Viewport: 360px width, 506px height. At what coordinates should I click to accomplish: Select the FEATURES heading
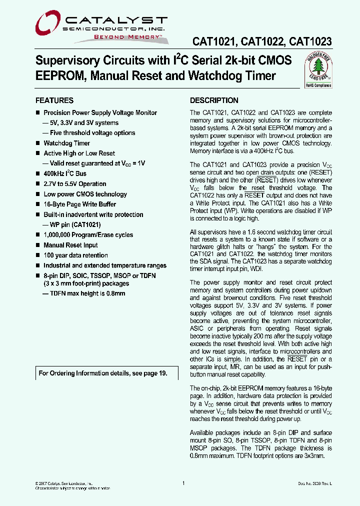pyautogui.click(x=54, y=100)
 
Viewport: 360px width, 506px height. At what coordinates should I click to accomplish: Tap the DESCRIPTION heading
pyautogui.click(x=214, y=100)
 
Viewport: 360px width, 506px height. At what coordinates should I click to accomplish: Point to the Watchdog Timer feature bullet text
pyautogui.click(x=67, y=143)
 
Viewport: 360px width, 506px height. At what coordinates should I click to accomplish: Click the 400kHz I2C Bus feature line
pyautogui.click(x=65, y=173)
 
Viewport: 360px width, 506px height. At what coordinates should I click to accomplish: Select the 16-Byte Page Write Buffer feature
pyautogui.click(x=80, y=204)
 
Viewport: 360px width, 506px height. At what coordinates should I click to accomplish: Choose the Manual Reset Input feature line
pyautogui.click(x=70, y=245)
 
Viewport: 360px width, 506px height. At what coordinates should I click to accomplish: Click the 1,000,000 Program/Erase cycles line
pyautogui.click(x=88, y=235)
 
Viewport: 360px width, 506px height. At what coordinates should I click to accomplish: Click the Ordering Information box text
pyautogui.click(x=102, y=373)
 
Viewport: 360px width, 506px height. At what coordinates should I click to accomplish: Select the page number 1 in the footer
pyautogui.click(x=184, y=483)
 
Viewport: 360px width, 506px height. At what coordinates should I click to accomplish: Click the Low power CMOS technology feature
pyautogui.click(x=85, y=194)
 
